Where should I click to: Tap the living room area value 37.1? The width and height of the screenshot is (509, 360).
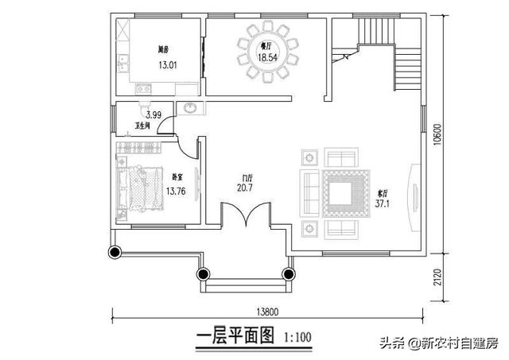pyautogui.click(x=383, y=203)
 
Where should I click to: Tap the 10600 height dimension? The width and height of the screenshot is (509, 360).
pyautogui.click(x=437, y=140)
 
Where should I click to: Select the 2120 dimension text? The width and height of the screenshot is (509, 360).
pyautogui.click(x=437, y=276)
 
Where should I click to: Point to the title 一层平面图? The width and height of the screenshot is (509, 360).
pyautogui.click(x=235, y=337)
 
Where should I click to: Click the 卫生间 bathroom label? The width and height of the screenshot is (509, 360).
pyautogui.click(x=143, y=127)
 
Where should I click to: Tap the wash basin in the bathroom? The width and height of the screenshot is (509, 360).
pyautogui.click(x=192, y=109)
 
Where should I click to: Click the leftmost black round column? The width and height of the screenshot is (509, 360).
pyautogui.click(x=115, y=253)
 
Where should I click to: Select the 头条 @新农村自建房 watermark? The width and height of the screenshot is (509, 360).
pyautogui.click(x=438, y=343)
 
